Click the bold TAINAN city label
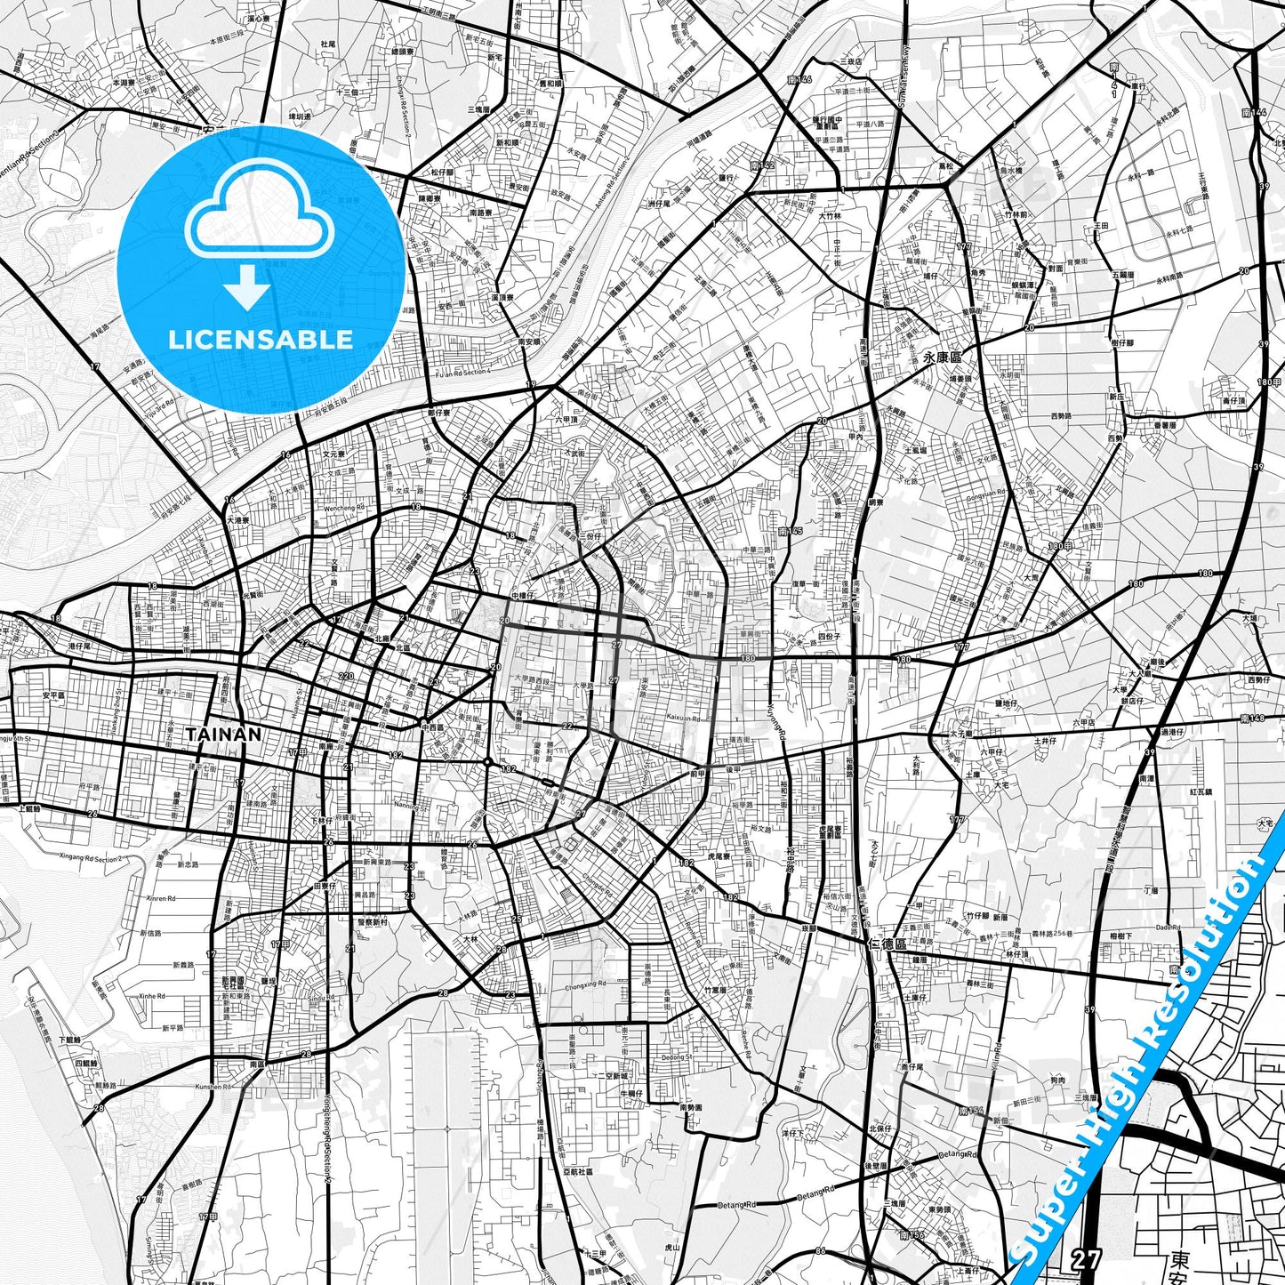[x=224, y=735]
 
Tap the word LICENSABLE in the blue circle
[x=261, y=339]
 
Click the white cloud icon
[x=260, y=214]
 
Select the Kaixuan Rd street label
[x=684, y=717]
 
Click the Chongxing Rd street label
[x=585, y=985]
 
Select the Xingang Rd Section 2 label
[x=90, y=858]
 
